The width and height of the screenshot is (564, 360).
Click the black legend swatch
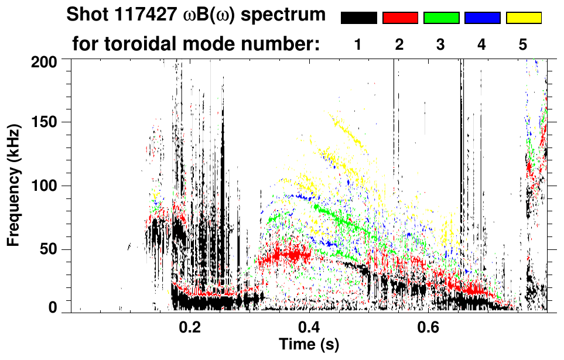point(358,18)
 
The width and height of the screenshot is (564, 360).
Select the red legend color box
point(400,18)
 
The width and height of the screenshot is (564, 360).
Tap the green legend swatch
point(441,18)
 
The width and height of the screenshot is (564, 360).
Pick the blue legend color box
point(483,18)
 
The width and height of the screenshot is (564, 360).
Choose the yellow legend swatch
point(524,18)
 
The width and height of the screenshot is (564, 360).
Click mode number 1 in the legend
point(358,45)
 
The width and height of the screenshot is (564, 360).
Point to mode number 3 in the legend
point(440,45)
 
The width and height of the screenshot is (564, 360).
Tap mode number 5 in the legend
point(523,45)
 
